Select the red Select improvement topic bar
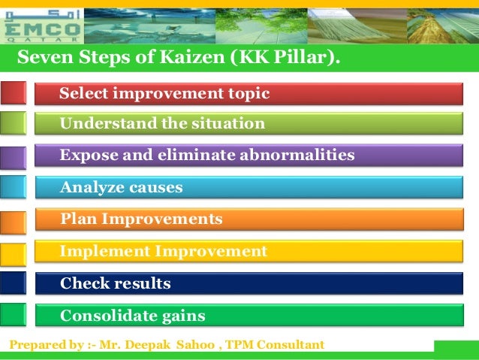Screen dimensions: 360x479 click(248, 93)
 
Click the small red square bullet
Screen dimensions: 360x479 click(13, 93)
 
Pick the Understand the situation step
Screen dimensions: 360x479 click(248, 123)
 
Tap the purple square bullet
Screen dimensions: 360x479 click(13, 156)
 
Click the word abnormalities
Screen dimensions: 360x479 click(297, 155)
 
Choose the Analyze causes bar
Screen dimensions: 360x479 click(248, 187)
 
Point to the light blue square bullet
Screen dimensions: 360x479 click(13, 187)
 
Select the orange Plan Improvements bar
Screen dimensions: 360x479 click(248, 219)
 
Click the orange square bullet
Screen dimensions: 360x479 click(13, 222)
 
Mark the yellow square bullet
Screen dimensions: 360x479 click(13, 254)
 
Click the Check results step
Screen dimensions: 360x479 click(248, 283)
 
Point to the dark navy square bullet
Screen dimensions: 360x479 click(13, 283)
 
